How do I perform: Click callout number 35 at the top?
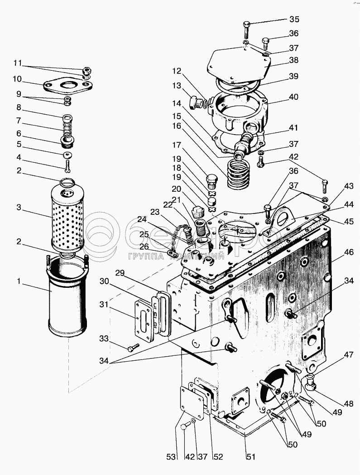pos(294,19)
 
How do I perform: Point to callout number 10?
pos(17,79)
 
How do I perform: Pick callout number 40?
pos(294,97)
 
